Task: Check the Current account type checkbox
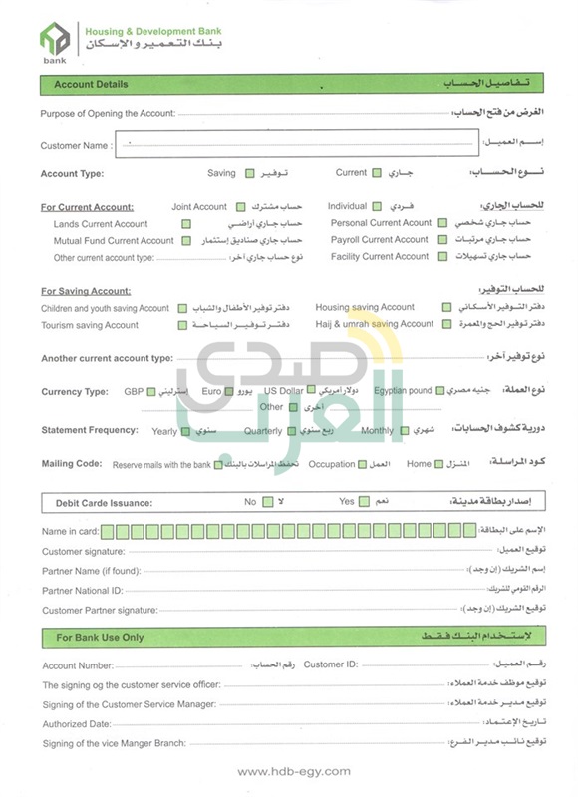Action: (x=377, y=173)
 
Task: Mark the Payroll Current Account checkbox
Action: (x=442, y=240)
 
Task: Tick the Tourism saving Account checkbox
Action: (x=183, y=325)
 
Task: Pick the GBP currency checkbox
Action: (x=151, y=392)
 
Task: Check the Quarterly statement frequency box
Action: (x=291, y=431)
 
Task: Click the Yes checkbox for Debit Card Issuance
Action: (x=364, y=502)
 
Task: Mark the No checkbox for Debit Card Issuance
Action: (x=267, y=502)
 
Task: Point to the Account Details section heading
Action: (x=91, y=85)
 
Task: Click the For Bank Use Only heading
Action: (x=100, y=637)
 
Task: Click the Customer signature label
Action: (x=83, y=551)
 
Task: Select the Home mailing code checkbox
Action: (x=440, y=464)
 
